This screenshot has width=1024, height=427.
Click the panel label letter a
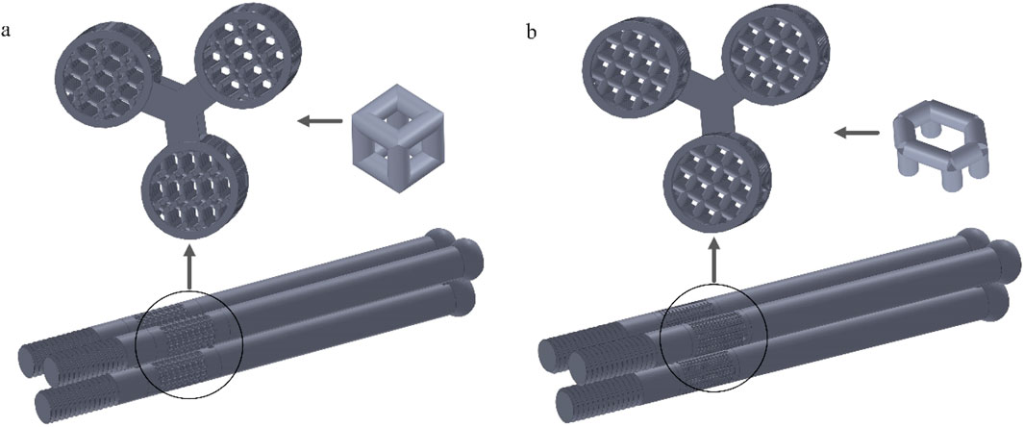point(6,32)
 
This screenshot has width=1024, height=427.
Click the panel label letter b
point(533,32)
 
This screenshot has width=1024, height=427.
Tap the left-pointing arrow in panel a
point(320,121)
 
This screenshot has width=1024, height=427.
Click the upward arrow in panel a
point(190,265)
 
